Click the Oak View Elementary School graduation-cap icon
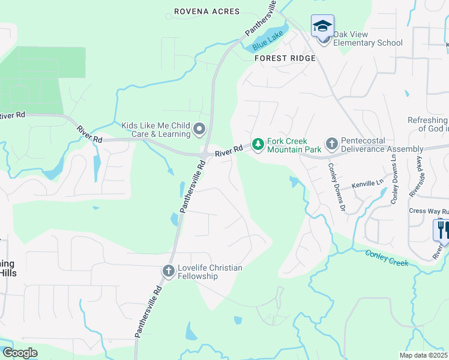click(322, 26)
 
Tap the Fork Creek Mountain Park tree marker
click(258, 144)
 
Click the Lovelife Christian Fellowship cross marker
click(168, 272)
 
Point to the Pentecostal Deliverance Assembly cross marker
click(331, 144)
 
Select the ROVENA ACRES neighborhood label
click(206, 11)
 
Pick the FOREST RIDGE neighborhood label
click(285, 58)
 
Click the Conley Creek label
click(387, 259)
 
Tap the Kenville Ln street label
click(367, 184)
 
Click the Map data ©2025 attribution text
click(424, 355)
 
